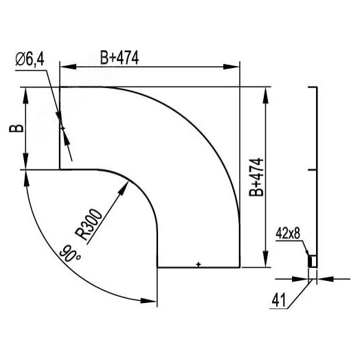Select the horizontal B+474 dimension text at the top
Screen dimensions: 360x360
pyautogui.click(x=120, y=58)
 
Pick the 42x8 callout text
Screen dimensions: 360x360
pyautogui.click(x=289, y=234)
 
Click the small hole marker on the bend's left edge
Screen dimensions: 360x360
pyautogui.click(x=62, y=128)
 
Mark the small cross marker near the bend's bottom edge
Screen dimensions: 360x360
pyautogui.click(x=198, y=264)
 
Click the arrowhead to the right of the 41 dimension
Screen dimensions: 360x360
pyautogui.click(x=322, y=279)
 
